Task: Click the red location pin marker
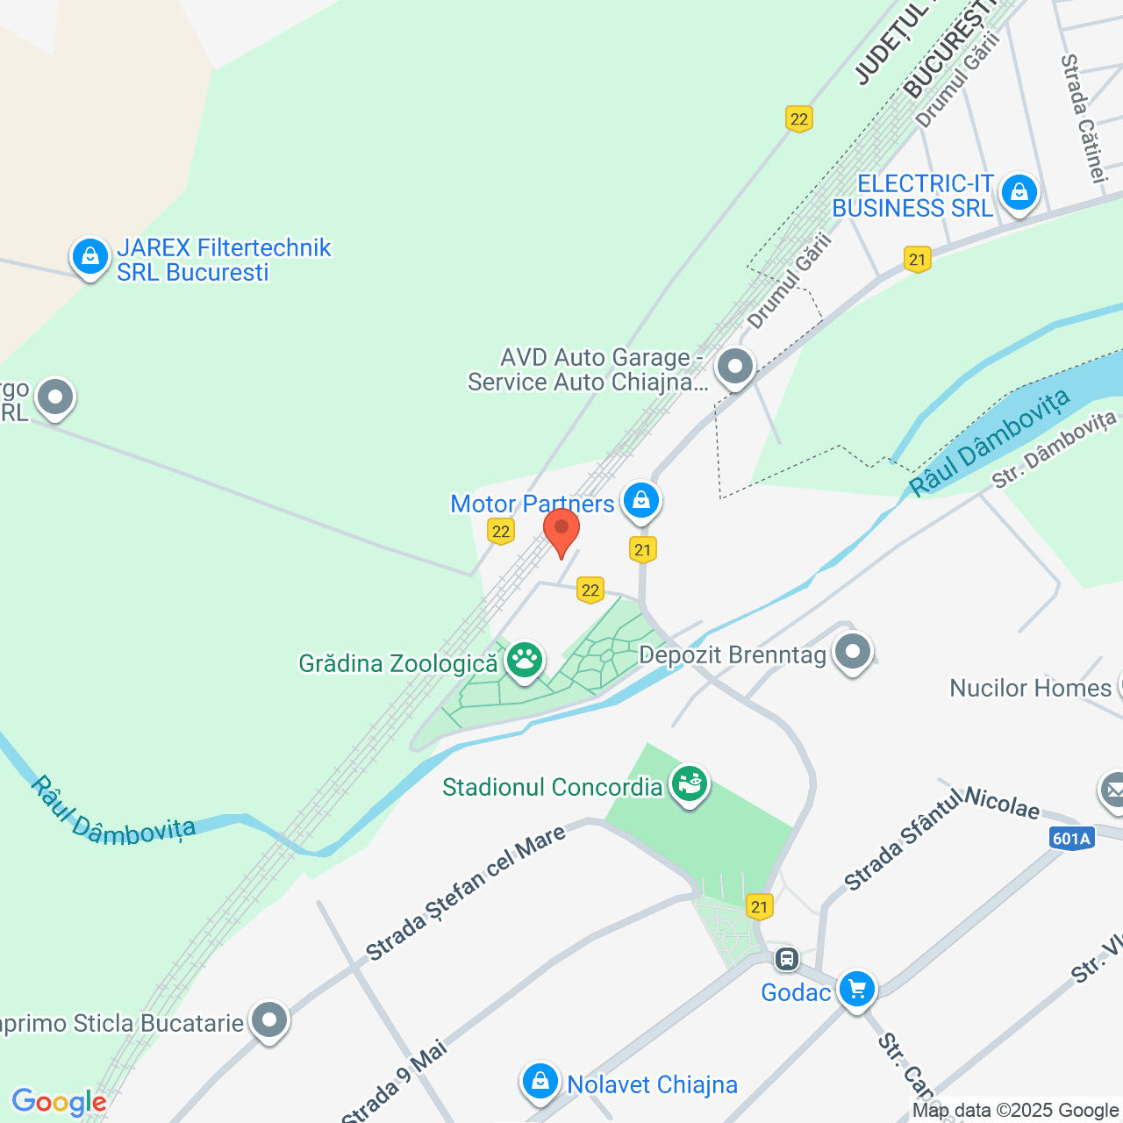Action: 561,531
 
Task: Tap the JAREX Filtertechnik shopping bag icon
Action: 90,257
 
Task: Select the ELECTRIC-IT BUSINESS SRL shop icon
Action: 1019,191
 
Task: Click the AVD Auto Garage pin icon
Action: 735,367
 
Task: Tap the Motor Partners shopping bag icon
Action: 641,501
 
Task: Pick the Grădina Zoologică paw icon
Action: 525,660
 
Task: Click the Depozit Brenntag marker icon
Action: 853,652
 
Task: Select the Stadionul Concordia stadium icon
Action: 690,783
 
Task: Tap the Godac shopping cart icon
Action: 857,989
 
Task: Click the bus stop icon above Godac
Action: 787,958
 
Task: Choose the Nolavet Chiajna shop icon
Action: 540,1082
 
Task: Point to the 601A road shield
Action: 1071,839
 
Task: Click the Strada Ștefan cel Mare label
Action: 466,892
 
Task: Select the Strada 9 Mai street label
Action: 395,1081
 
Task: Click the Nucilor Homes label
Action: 1030,688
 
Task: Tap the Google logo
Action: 59,1102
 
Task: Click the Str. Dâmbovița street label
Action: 1053,450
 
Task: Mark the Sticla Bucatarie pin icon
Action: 268,1020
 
